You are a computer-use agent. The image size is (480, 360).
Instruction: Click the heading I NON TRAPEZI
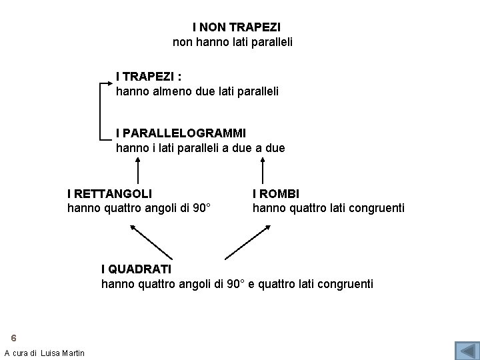click(236, 27)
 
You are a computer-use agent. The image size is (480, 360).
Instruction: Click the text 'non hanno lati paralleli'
click(233, 42)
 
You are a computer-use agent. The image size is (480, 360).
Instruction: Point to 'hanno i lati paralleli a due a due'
click(200, 147)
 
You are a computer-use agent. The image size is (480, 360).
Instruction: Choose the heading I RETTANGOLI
click(109, 193)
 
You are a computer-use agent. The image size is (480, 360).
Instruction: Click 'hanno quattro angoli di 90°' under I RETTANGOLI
click(139, 208)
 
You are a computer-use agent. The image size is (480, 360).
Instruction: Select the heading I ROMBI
click(275, 193)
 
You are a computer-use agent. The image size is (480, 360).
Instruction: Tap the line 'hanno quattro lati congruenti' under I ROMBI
click(328, 208)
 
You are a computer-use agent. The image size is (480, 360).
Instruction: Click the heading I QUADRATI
click(136, 269)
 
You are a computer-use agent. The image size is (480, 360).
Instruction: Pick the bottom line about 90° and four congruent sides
click(237, 284)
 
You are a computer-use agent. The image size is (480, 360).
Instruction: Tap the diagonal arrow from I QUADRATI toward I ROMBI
click(247, 242)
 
